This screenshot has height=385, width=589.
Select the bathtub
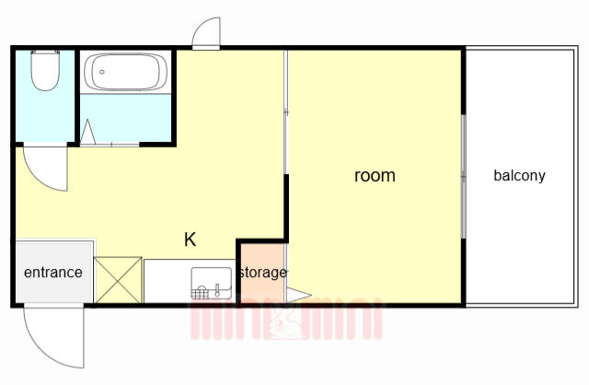pos(125,72)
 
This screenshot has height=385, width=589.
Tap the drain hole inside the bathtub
pos(102,72)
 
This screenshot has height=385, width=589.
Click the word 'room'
pos(375,176)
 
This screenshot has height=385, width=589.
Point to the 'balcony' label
pos(519,176)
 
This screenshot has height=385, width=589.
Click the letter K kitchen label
pos(190,239)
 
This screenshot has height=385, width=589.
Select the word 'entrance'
pos(53,273)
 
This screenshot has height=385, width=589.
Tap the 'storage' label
pos(263,273)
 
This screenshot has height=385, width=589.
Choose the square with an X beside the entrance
pos(119,280)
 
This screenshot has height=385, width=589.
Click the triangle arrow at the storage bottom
pos(298,295)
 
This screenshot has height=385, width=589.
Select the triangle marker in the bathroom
pos(88,133)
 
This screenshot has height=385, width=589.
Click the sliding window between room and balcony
pos(464,176)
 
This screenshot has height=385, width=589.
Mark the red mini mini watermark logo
pos(286,320)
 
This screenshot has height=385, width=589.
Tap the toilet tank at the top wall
pos(45,52)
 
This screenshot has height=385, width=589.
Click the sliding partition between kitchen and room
pos(286,112)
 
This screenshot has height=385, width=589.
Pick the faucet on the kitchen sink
pos(217,289)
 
